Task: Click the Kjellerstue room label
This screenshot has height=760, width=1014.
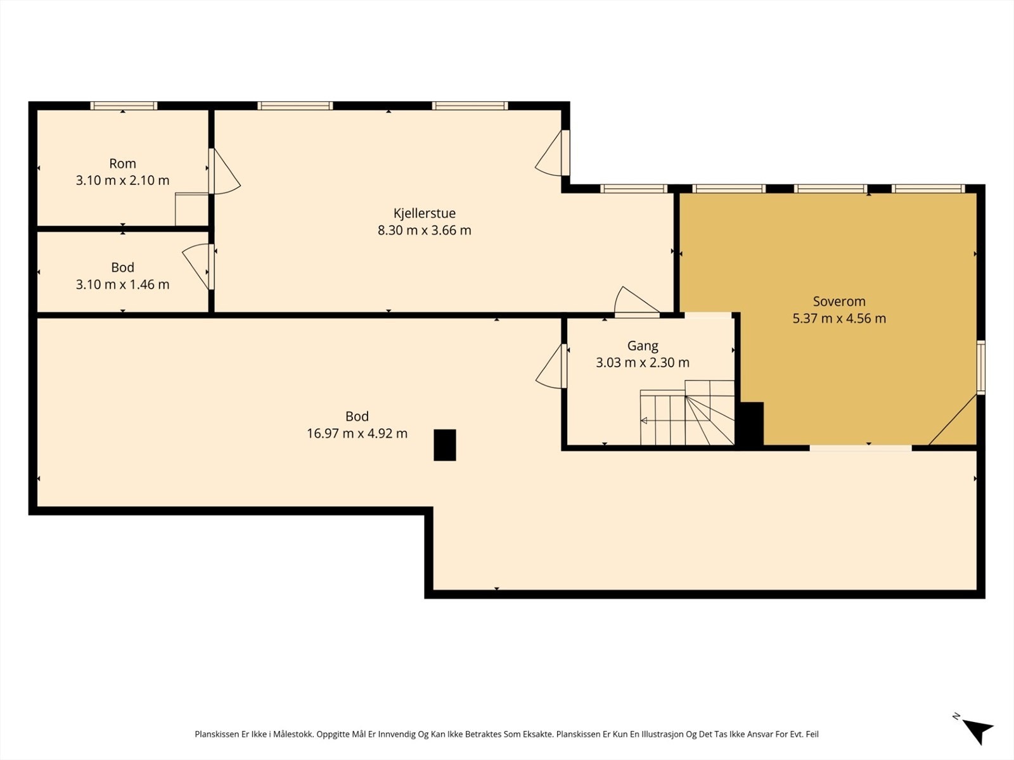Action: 424,213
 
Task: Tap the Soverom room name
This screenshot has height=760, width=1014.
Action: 839,301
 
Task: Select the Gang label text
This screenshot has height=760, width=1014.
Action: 643,346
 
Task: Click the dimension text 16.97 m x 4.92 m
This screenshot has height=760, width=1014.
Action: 357,433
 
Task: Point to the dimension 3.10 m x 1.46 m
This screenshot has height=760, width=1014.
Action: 122,284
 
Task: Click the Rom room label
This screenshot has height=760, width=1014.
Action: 122,163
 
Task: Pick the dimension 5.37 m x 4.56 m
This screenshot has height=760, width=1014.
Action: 839,319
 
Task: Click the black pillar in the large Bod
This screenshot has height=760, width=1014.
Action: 444,445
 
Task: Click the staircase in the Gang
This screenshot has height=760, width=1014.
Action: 687,412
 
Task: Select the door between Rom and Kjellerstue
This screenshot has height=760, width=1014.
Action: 224,171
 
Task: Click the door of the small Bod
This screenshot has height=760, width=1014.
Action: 198,266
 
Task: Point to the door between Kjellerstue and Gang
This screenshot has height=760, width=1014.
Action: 636,302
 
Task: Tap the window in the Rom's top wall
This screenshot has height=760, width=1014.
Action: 124,106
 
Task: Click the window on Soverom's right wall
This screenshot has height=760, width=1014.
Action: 980,367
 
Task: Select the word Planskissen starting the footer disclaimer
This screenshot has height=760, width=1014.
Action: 217,734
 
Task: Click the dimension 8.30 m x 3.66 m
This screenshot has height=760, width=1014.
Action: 424,230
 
